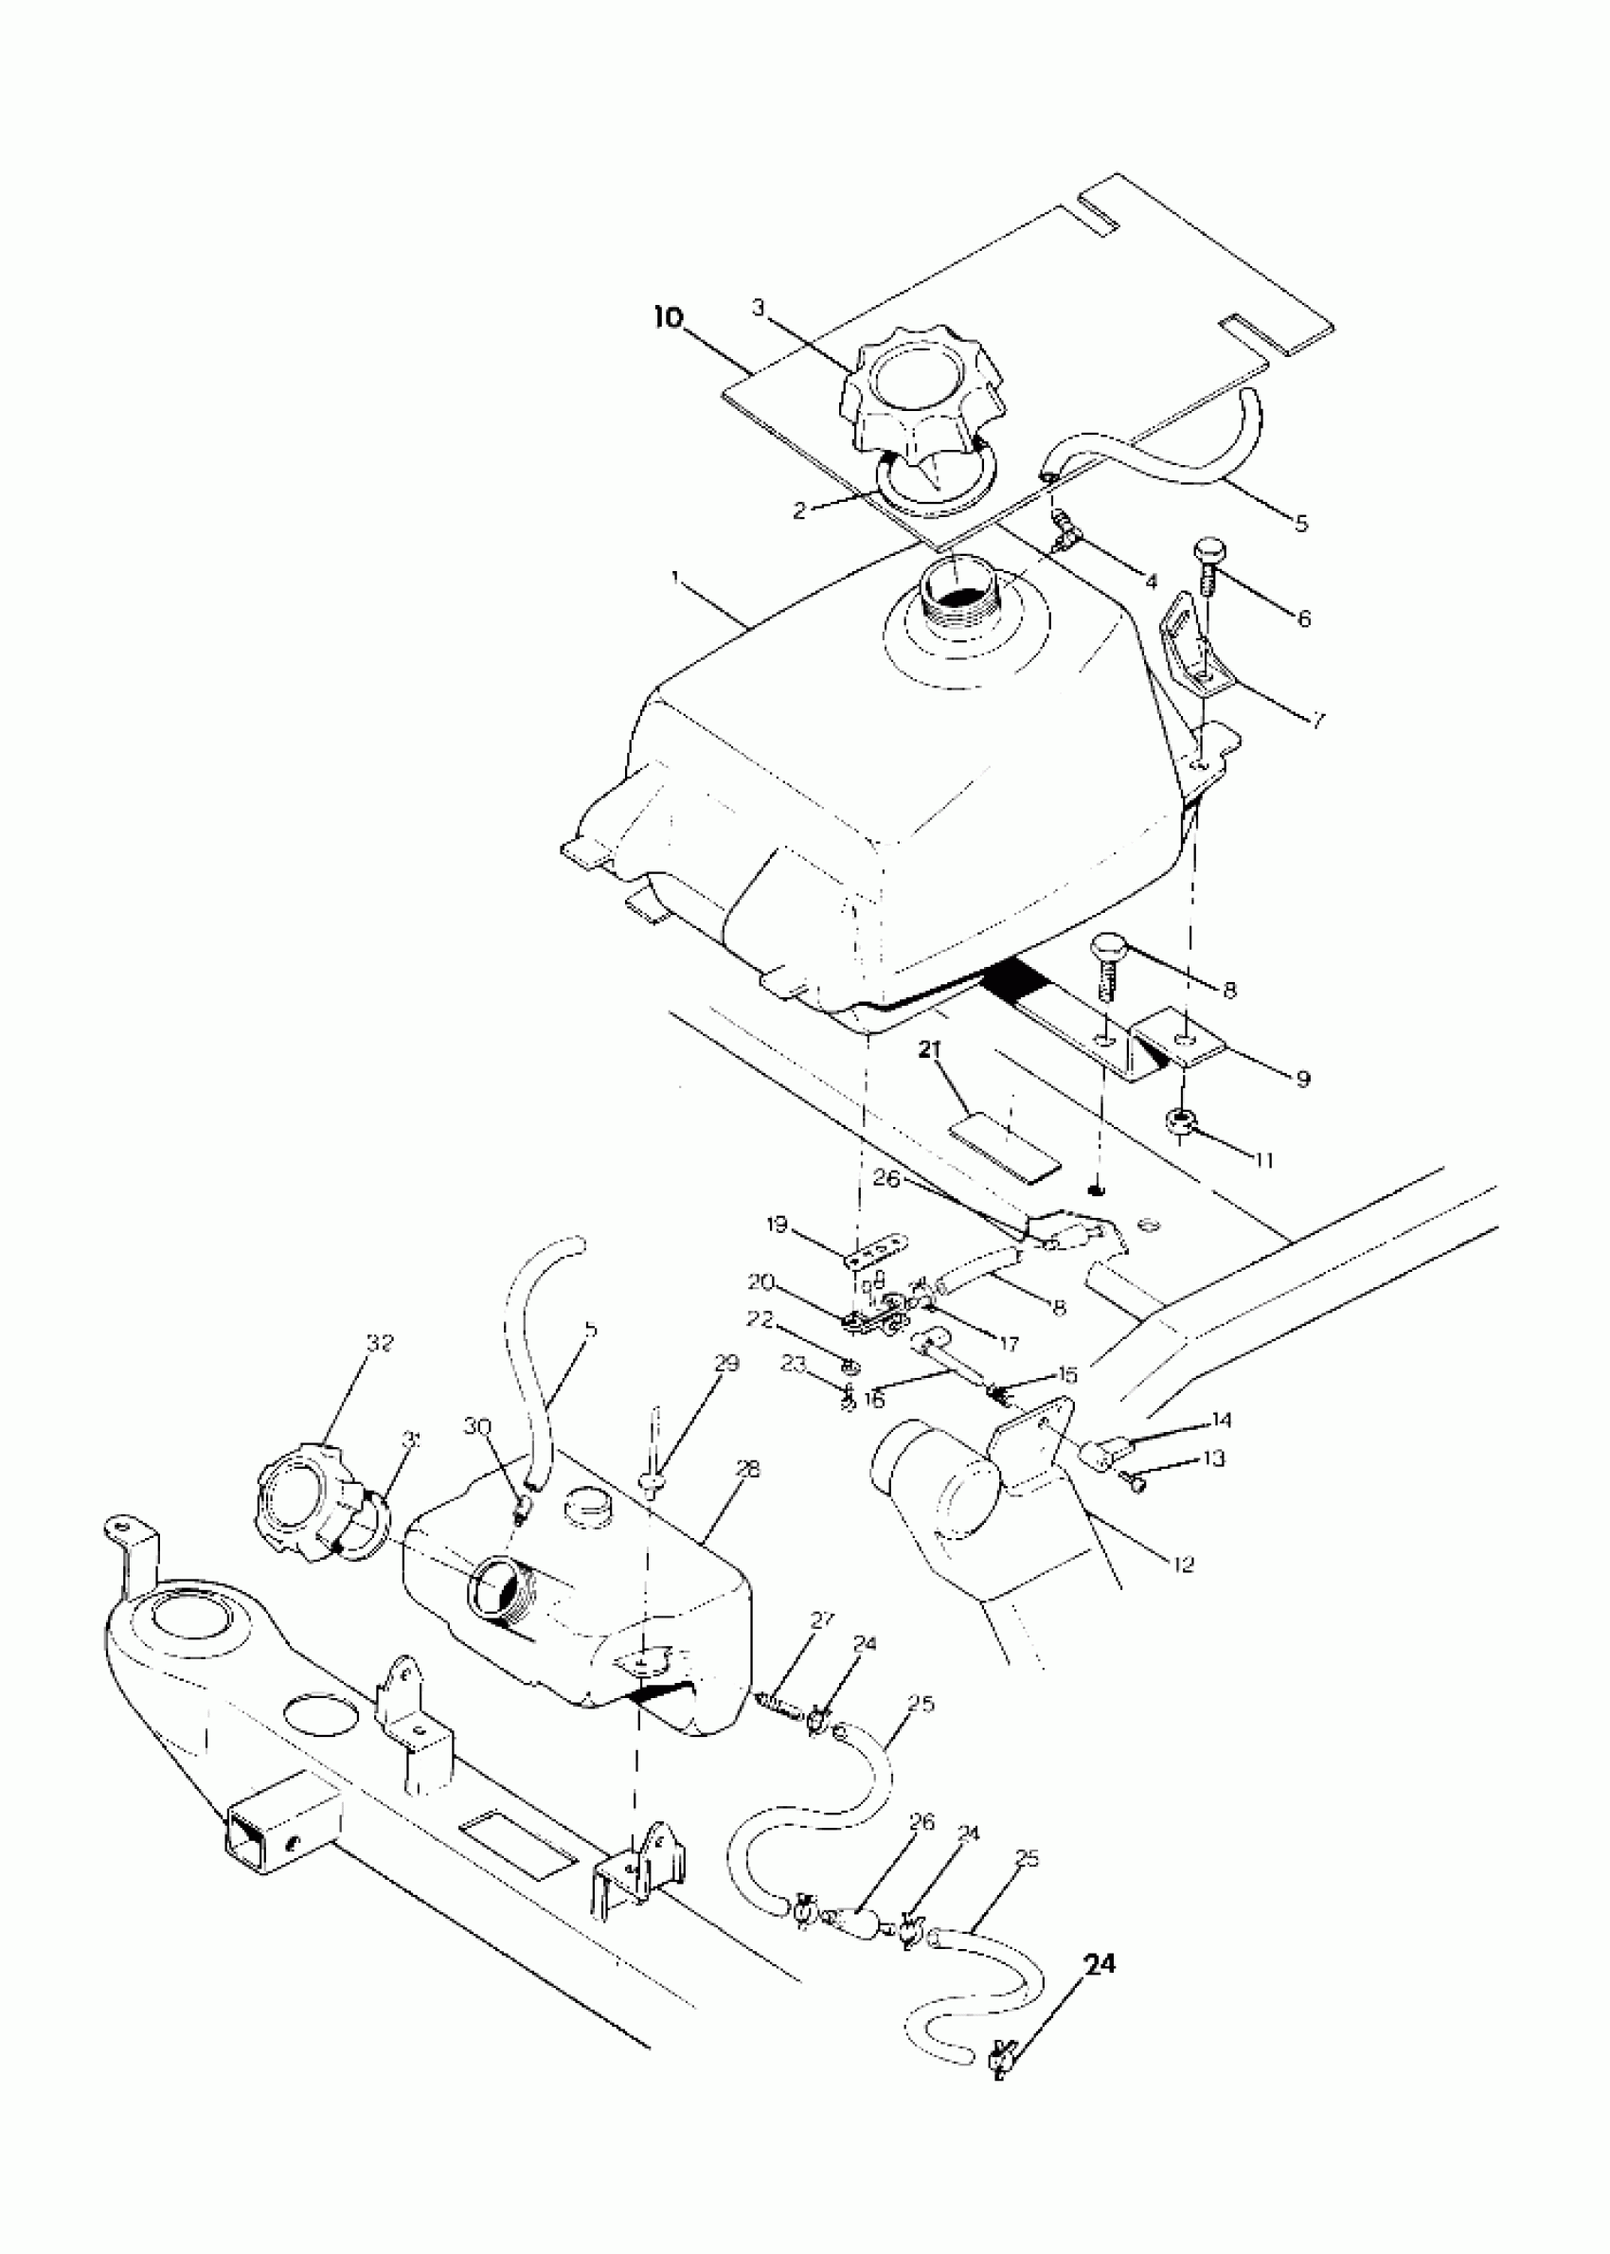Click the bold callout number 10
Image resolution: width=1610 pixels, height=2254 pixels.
[670, 318]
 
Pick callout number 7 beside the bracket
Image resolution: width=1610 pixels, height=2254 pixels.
[1317, 721]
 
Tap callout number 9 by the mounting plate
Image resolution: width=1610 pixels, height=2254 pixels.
[1302, 1079]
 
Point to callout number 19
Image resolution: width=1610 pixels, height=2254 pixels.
[777, 1225]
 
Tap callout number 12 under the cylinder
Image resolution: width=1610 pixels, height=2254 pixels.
[1183, 1565]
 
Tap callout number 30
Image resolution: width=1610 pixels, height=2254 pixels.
[478, 1426]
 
